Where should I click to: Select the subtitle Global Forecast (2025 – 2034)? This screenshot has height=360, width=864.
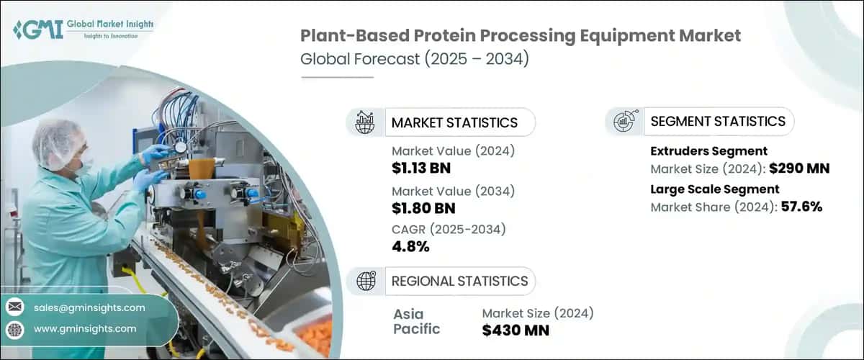point(415,58)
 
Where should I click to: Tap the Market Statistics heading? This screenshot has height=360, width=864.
point(454,122)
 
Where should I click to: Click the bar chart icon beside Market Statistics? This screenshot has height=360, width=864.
point(365,122)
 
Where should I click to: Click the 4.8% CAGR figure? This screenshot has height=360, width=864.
point(410,247)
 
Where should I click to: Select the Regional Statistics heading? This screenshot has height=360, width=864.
point(459,281)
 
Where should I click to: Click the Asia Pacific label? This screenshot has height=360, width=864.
point(416,322)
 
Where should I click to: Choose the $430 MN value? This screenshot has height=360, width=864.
point(516,330)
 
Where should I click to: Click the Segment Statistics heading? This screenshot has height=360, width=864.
point(717,121)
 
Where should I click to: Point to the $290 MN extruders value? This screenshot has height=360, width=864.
point(798,169)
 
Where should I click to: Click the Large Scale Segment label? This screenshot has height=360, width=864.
point(714,189)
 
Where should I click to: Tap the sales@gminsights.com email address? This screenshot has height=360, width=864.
point(89,307)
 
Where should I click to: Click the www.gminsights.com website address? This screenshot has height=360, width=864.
point(85,328)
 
